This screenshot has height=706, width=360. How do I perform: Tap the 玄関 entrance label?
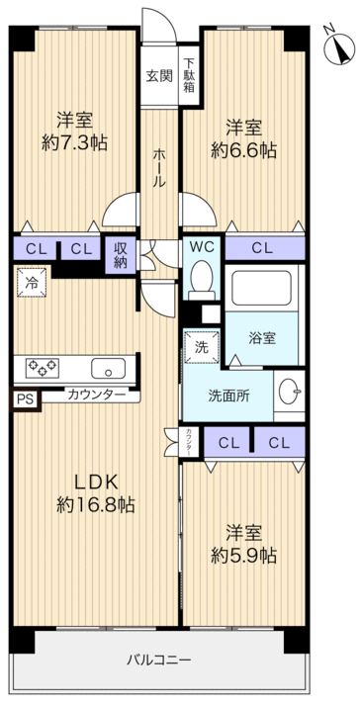[x=158, y=75]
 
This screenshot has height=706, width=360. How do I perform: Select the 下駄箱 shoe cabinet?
[x=187, y=76]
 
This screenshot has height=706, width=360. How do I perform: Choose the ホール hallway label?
[x=158, y=167]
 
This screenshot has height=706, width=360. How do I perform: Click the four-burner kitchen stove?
[x=43, y=367]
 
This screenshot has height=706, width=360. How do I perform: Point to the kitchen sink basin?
[x=106, y=370]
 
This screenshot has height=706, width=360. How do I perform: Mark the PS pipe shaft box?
[x=24, y=400]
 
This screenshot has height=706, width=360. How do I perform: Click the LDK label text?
[x=97, y=482]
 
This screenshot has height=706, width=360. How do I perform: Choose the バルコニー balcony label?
[x=158, y=660]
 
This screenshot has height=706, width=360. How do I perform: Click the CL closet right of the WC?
[x=263, y=248]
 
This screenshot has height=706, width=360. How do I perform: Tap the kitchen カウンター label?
[x=96, y=396]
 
